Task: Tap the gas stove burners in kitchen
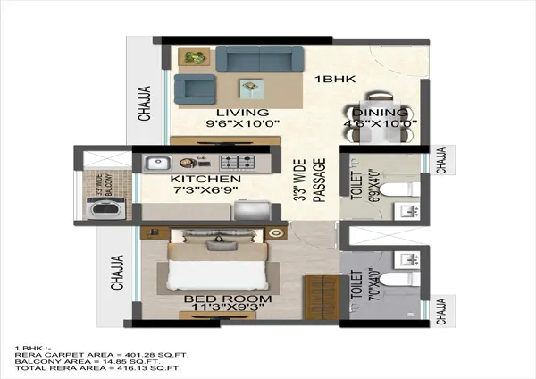[237, 164]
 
